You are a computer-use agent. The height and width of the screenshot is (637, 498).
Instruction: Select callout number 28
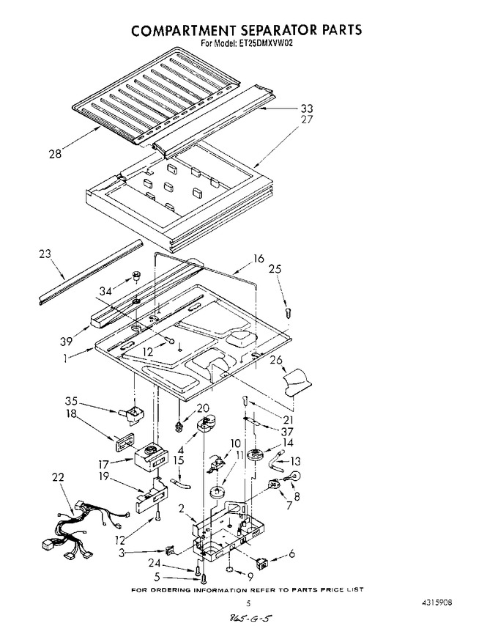tap(55, 154)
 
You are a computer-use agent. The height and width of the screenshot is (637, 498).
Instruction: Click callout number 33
tap(306, 108)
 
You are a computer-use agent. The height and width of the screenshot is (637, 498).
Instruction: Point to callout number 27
tap(306, 119)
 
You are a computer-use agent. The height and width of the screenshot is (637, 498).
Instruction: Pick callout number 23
tap(45, 254)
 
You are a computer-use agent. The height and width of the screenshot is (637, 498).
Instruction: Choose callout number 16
tap(258, 258)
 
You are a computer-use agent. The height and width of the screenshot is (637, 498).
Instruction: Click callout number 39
tap(67, 342)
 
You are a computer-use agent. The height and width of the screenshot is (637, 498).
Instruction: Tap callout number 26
tap(275, 360)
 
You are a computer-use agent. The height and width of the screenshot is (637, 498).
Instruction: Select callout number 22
tap(58, 476)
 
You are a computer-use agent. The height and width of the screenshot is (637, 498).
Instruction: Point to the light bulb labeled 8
tap(295, 476)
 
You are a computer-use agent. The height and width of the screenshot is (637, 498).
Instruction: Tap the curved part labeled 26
tap(297, 383)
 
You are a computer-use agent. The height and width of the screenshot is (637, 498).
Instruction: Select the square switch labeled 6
tap(261, 564)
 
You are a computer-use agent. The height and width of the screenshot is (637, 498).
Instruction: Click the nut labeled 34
tap(136, 278)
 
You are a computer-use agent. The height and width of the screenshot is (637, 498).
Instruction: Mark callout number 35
tap(71, 402)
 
